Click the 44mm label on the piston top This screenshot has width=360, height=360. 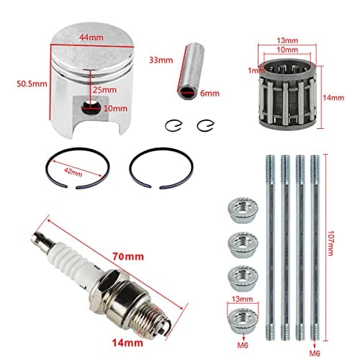pos(91,37)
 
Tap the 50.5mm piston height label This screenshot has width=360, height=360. pos(32,84)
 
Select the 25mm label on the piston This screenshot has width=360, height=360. pos(104,90)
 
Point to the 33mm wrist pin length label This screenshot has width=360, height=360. pos(161,60)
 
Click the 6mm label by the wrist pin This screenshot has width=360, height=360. pos(210,93)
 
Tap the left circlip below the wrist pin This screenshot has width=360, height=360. pos(174,125)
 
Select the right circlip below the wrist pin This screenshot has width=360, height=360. pos(205,125)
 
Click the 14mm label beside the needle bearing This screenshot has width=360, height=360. pos(333,98)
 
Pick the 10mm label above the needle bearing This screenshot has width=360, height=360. pos(287,50)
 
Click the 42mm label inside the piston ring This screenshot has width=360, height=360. pos(73,172)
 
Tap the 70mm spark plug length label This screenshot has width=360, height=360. pos(128,256)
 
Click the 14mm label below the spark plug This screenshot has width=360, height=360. pos(127,343)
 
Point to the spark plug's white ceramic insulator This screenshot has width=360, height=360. pos(72,258)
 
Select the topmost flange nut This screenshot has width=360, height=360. pos(243,212)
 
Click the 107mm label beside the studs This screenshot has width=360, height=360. pos(330,243)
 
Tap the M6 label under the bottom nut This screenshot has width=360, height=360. pos(243,346)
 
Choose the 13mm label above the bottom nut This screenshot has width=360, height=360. pos(243,299)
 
